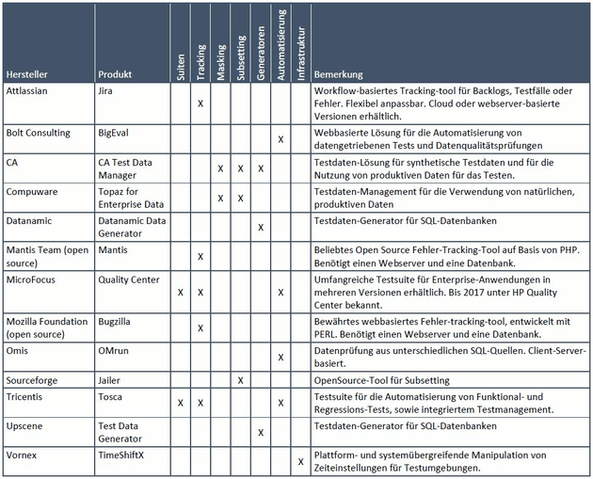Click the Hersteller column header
click(x=26, y=72)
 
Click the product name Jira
click(x=106, y=91)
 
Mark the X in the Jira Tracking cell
click(x=200, y=103)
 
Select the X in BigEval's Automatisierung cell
click(x=280, y=139)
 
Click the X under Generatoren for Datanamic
click(x=260, y=227)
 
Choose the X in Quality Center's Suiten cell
click(x=181, y=292)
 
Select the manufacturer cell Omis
click(x=18, y=352)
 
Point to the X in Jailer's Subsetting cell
click(x=240, y=379)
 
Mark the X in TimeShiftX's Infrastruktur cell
click(x=300, y=461)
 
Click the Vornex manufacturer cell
click(x=22, y=455)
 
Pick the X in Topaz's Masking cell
click(x=220, y=198)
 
